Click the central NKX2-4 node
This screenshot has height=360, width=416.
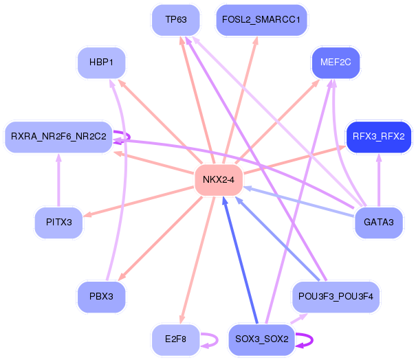(219, 180)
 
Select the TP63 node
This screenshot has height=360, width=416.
(175, 20)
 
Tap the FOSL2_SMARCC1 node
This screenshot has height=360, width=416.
(261, 20)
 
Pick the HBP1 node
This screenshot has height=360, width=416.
(101, 63)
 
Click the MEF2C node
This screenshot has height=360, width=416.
(336, 63)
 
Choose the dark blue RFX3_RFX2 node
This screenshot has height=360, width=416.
(379, 137)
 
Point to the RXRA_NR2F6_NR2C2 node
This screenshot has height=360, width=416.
(58, 137)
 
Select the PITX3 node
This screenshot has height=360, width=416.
(58, 223)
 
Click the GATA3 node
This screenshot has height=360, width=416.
(379, 223)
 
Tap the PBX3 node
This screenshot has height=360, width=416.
(101, 297)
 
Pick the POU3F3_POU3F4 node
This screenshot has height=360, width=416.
(336, 297)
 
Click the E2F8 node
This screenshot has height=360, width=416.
(175, 339)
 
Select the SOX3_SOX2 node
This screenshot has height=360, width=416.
(261, 339)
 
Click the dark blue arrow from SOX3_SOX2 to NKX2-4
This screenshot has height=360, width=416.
(241, 260)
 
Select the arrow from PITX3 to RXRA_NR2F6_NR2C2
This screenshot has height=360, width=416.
(58, 180)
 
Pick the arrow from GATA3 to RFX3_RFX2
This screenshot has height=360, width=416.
(379, 180)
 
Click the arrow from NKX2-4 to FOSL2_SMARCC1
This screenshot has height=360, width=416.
(240, 100)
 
